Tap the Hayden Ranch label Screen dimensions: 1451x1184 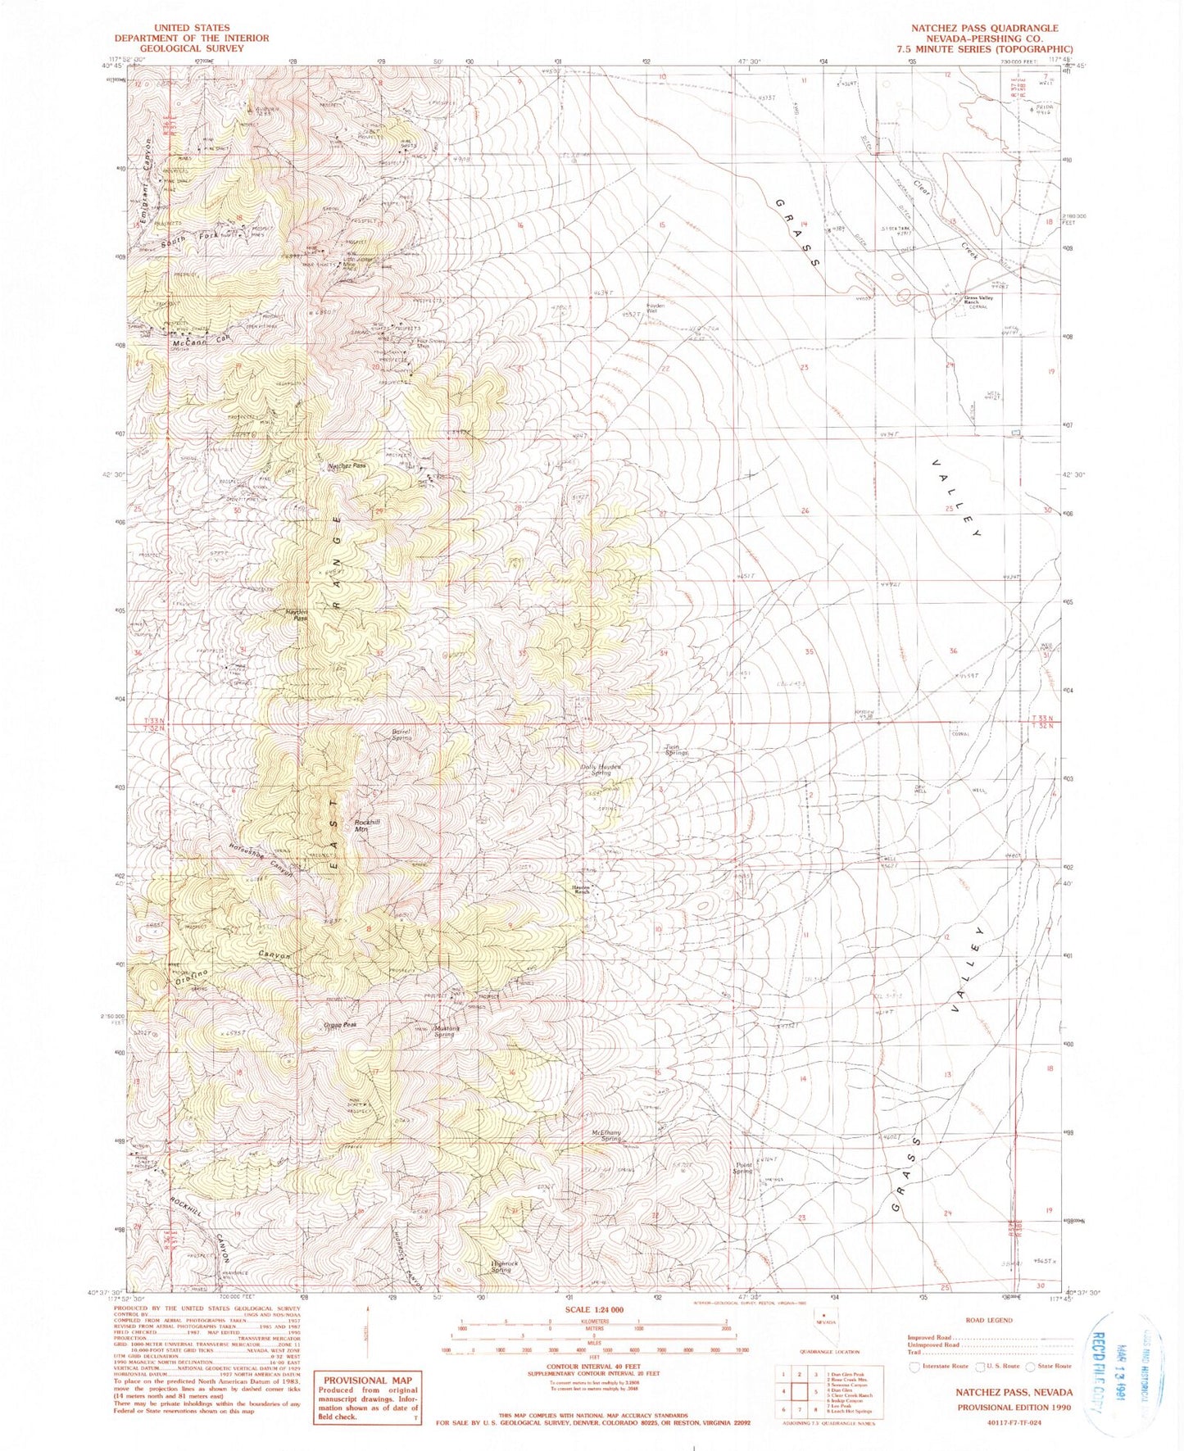click(x=581, y=888)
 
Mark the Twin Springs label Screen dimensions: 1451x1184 click(x=676, y=749)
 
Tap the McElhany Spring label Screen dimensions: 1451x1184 click(x=606, y=1136)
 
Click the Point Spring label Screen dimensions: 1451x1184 click(x=743, y=1168)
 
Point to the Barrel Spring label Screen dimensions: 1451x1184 click(x=401, y=735)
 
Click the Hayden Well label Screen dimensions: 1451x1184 click(x=653, y=308)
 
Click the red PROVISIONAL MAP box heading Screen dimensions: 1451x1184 click(x=366, y=1380)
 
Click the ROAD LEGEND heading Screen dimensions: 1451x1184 click(x=989, y=1320)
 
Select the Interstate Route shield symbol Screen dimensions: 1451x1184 click(x=914, y=1366)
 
